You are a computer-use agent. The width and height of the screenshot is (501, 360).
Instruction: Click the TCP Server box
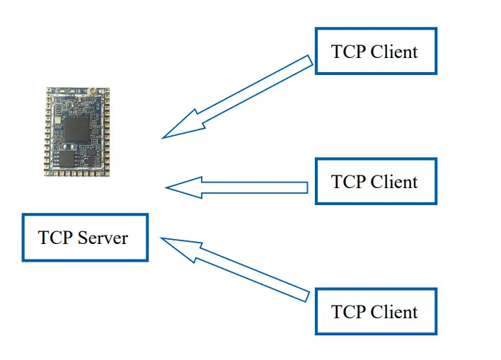click(85, 237)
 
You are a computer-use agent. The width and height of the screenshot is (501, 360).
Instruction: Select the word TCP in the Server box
click(55, 238)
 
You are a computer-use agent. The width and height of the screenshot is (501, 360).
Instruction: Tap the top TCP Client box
click(375, 51)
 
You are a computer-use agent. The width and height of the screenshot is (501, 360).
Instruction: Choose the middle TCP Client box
click(375, 181)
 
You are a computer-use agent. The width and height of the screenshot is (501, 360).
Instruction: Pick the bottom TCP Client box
click(375, 311)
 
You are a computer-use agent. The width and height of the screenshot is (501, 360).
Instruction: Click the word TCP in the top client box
click(348, 52)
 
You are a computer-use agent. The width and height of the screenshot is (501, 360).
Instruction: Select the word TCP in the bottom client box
click(348, 312)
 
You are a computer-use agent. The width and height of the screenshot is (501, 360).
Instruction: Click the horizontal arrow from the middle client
click(241, 187)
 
